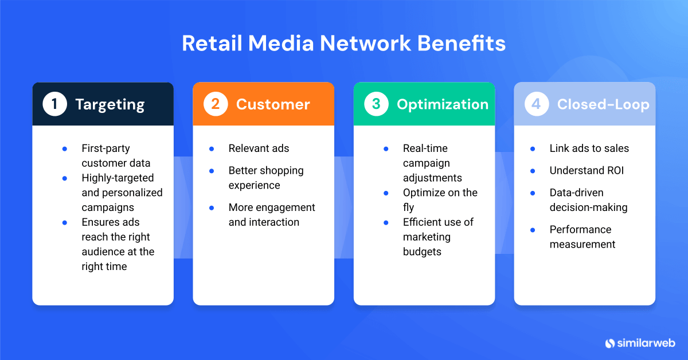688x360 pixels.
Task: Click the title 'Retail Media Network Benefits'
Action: tap(343, 44)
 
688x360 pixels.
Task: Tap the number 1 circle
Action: tap(55, 104)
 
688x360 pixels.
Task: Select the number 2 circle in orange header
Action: tap(216, 104)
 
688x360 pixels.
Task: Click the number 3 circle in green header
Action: tap(376, 104)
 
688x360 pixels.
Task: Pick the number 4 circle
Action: tap(537, 104)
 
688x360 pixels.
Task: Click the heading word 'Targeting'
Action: tap(110, 104)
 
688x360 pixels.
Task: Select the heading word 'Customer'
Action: tap(273, 104)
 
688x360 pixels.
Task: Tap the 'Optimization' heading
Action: tap(443, 104)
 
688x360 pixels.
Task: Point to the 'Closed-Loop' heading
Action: tap(603, 104)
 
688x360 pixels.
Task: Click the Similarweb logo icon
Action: tap(609, 343)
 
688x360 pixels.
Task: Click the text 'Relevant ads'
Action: tap(259, 148)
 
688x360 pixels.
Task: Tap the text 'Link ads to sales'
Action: tap(589, 148)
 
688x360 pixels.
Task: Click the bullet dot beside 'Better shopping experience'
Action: tap(212, 171)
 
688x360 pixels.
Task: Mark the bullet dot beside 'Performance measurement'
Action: tap(533, 230)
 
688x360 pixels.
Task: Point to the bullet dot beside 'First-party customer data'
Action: tap(65, 148)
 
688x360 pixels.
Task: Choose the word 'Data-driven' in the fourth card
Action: tap(576, 193)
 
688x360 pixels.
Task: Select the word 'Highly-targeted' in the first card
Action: tap(118, 178)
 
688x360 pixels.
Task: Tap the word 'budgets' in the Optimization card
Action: tap(422, 252)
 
